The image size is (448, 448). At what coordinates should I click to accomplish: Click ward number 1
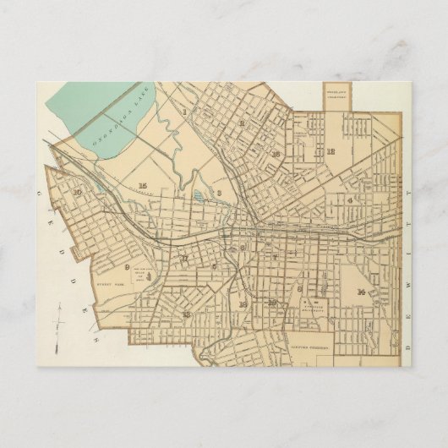pos(183,110)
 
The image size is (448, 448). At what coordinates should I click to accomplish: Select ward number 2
pos(241,124)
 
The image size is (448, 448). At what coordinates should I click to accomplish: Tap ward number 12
pos(331,152)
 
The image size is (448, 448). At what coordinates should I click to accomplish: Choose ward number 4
pos(348,200)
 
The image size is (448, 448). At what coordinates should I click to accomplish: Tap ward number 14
pos(361,292)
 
